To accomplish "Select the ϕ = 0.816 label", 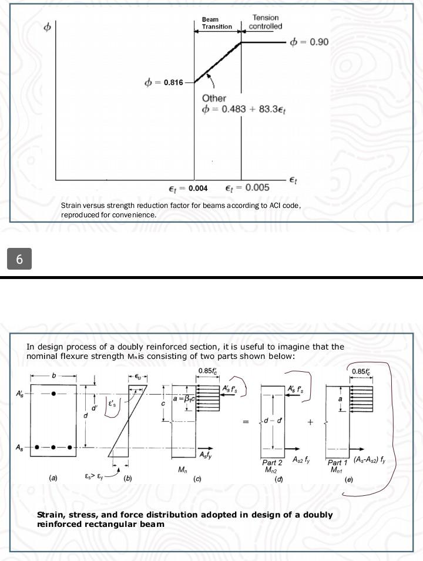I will (164, 82).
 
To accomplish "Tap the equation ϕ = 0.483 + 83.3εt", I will (244, 111).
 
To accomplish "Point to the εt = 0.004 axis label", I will (184, 188).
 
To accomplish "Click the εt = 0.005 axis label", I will (247, 188).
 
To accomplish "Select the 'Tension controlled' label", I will (265, 22).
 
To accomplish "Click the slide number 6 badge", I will (19, 258).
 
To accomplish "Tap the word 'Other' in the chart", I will (214, 98).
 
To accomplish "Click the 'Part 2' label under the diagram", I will (272, 463).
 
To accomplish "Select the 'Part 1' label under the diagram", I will (338, 463).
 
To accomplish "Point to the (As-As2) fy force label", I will (369, 460).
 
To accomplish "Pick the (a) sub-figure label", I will (53, 478).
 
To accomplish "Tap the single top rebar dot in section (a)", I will (53, 394).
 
